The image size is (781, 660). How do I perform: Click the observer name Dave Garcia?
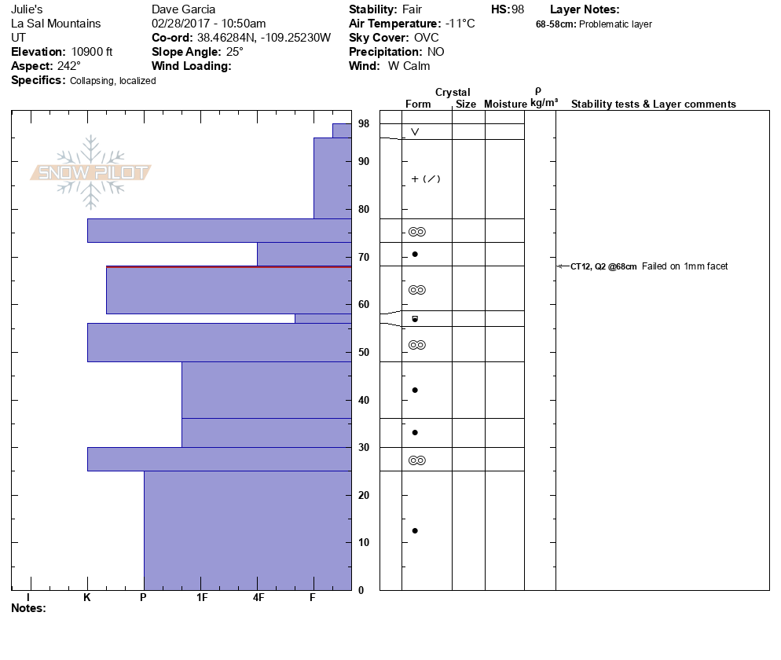(183, 9)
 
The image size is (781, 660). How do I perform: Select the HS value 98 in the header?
(517, 9)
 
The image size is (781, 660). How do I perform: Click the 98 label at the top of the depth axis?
(364, 124)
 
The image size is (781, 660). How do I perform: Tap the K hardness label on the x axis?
(87, 597)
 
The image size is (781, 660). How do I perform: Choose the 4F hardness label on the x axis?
(258, 597)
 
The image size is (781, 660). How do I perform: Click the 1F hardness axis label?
(201, 597)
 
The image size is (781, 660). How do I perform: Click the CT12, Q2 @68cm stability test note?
(603, 266)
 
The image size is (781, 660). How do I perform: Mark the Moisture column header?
(505, 104)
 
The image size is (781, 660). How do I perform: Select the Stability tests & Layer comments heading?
(653, 104)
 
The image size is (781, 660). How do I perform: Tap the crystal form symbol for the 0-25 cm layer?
(415, 530)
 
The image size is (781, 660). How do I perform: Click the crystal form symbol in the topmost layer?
(415, 132)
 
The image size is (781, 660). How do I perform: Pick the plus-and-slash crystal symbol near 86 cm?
(426, 179)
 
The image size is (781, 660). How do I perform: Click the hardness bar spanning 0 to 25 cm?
(247, 530)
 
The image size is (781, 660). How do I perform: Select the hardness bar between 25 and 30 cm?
(219, 459)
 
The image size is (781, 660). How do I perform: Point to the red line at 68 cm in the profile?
(228, 267)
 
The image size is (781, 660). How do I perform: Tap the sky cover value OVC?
(426, 38)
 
